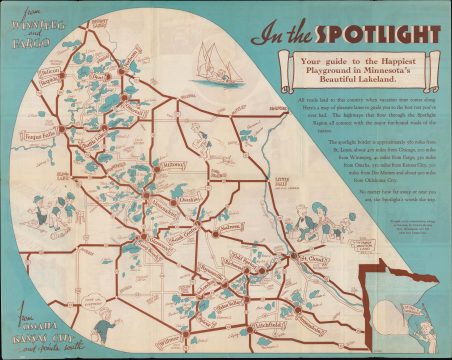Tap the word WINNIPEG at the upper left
point(35,34)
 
